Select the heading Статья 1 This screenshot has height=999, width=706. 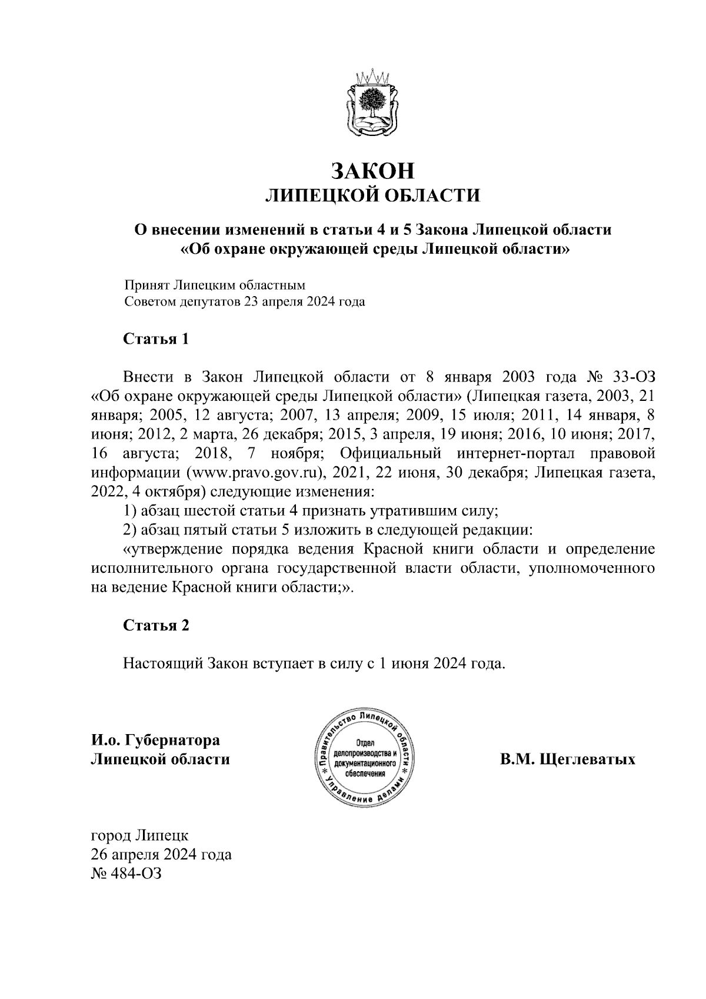click(156, 340)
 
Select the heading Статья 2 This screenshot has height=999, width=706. click(156, 625)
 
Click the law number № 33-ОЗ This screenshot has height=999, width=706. click(621, 376)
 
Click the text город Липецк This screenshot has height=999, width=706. click(139, 835)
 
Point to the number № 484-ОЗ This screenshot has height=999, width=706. click(125, 874)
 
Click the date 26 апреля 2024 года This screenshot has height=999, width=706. click(161, 855)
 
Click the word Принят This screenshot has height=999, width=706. click(146, 286)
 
